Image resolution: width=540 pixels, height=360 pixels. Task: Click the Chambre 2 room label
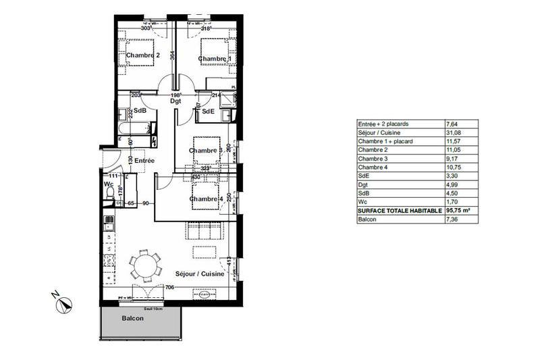(x=142, y=56)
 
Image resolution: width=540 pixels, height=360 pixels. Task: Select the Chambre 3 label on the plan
(x=205, y=150)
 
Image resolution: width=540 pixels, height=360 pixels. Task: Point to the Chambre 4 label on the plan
(x=206, y=199)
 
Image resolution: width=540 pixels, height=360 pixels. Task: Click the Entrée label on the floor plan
(x=144, y=161)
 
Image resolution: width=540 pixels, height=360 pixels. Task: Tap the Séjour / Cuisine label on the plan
(x=200, y=274)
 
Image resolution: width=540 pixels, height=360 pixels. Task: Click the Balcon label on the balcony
(x=132, y=318)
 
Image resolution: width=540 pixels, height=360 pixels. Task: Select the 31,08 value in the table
(x=454, y=132)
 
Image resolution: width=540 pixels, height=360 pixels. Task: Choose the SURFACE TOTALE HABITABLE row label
(x=399, y=211)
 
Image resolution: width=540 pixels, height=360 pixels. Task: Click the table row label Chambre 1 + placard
(x=389, y=141)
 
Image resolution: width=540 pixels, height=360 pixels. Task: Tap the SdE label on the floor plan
(x=208, y=111)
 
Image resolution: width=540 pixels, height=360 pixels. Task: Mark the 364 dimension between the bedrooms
(x=173, y=57)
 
